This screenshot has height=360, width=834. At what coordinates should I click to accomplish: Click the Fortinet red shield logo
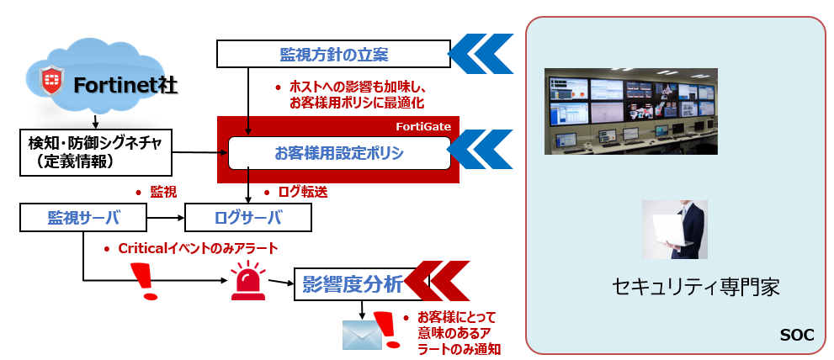[53, 82]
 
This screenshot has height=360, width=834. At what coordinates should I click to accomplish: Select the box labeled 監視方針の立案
[333, 55]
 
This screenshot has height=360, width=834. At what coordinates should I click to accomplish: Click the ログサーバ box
[248, 219]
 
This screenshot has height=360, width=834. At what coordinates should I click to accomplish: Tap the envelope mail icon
[362, 334]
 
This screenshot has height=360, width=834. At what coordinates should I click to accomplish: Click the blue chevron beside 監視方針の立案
[481, 54]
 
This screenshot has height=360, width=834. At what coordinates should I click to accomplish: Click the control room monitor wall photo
[630, 111]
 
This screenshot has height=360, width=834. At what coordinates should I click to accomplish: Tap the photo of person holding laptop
[674, 229]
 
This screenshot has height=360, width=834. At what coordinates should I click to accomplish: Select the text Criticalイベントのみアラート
[197, 249]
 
